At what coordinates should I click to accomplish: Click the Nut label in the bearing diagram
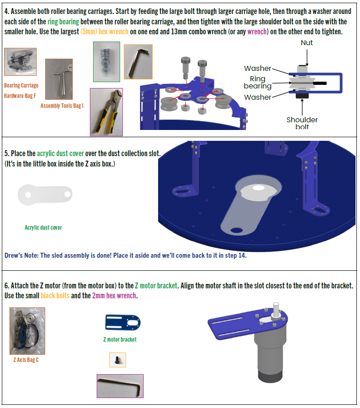click(x=307, y=43)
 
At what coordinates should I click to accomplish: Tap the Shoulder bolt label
click(x=302, y=123)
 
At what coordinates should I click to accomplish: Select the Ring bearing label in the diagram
click(x=257, y=82)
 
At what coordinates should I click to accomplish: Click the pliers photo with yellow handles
click(x=106, y=112)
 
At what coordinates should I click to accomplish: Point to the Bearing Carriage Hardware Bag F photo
click(x=20, y=62)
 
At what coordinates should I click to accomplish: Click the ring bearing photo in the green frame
click(x=107, y=62)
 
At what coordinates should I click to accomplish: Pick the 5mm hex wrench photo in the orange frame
click(x=138, y=62)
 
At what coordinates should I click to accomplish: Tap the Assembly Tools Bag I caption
click(x=62, y=106)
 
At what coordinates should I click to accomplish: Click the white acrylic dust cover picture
click(x=45, y=195)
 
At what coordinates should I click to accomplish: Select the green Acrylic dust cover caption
click(x=43, y=227)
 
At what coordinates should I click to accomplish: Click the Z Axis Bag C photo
click(x=28, y=331)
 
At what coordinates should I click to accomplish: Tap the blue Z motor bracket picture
click(x=123, y=322)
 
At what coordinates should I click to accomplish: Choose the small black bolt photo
click(x=117, y=360)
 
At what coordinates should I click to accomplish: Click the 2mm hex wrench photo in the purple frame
click(x=120, y=386)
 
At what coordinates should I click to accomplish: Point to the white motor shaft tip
click(x=276, y=305)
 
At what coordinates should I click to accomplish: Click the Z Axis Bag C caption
click(x=26, y=360)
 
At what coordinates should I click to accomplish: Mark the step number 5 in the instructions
click(x=6, y=153)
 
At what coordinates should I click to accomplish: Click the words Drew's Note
click(x=21, y=255)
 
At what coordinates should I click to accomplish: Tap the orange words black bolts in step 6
click(x=55, y=296)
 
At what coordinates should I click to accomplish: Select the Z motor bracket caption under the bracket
click(x=120, y=339)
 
